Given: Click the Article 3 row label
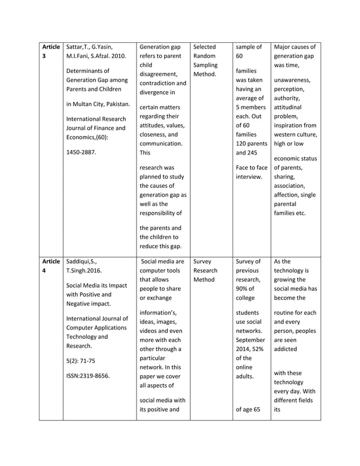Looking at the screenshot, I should click(x=51, y=51).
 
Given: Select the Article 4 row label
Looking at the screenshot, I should click(x=51, y=266).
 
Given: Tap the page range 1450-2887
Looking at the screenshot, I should click(x=82, y=152).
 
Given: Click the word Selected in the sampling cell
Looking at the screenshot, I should click(x=204, y=47).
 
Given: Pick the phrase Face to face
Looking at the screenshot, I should click(x=252, y=167).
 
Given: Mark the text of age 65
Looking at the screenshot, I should click(x=248, y=409).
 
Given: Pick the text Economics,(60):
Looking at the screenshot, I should click(x=90, y=138).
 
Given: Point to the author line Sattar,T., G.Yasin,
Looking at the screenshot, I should click(x=94, y=47).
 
